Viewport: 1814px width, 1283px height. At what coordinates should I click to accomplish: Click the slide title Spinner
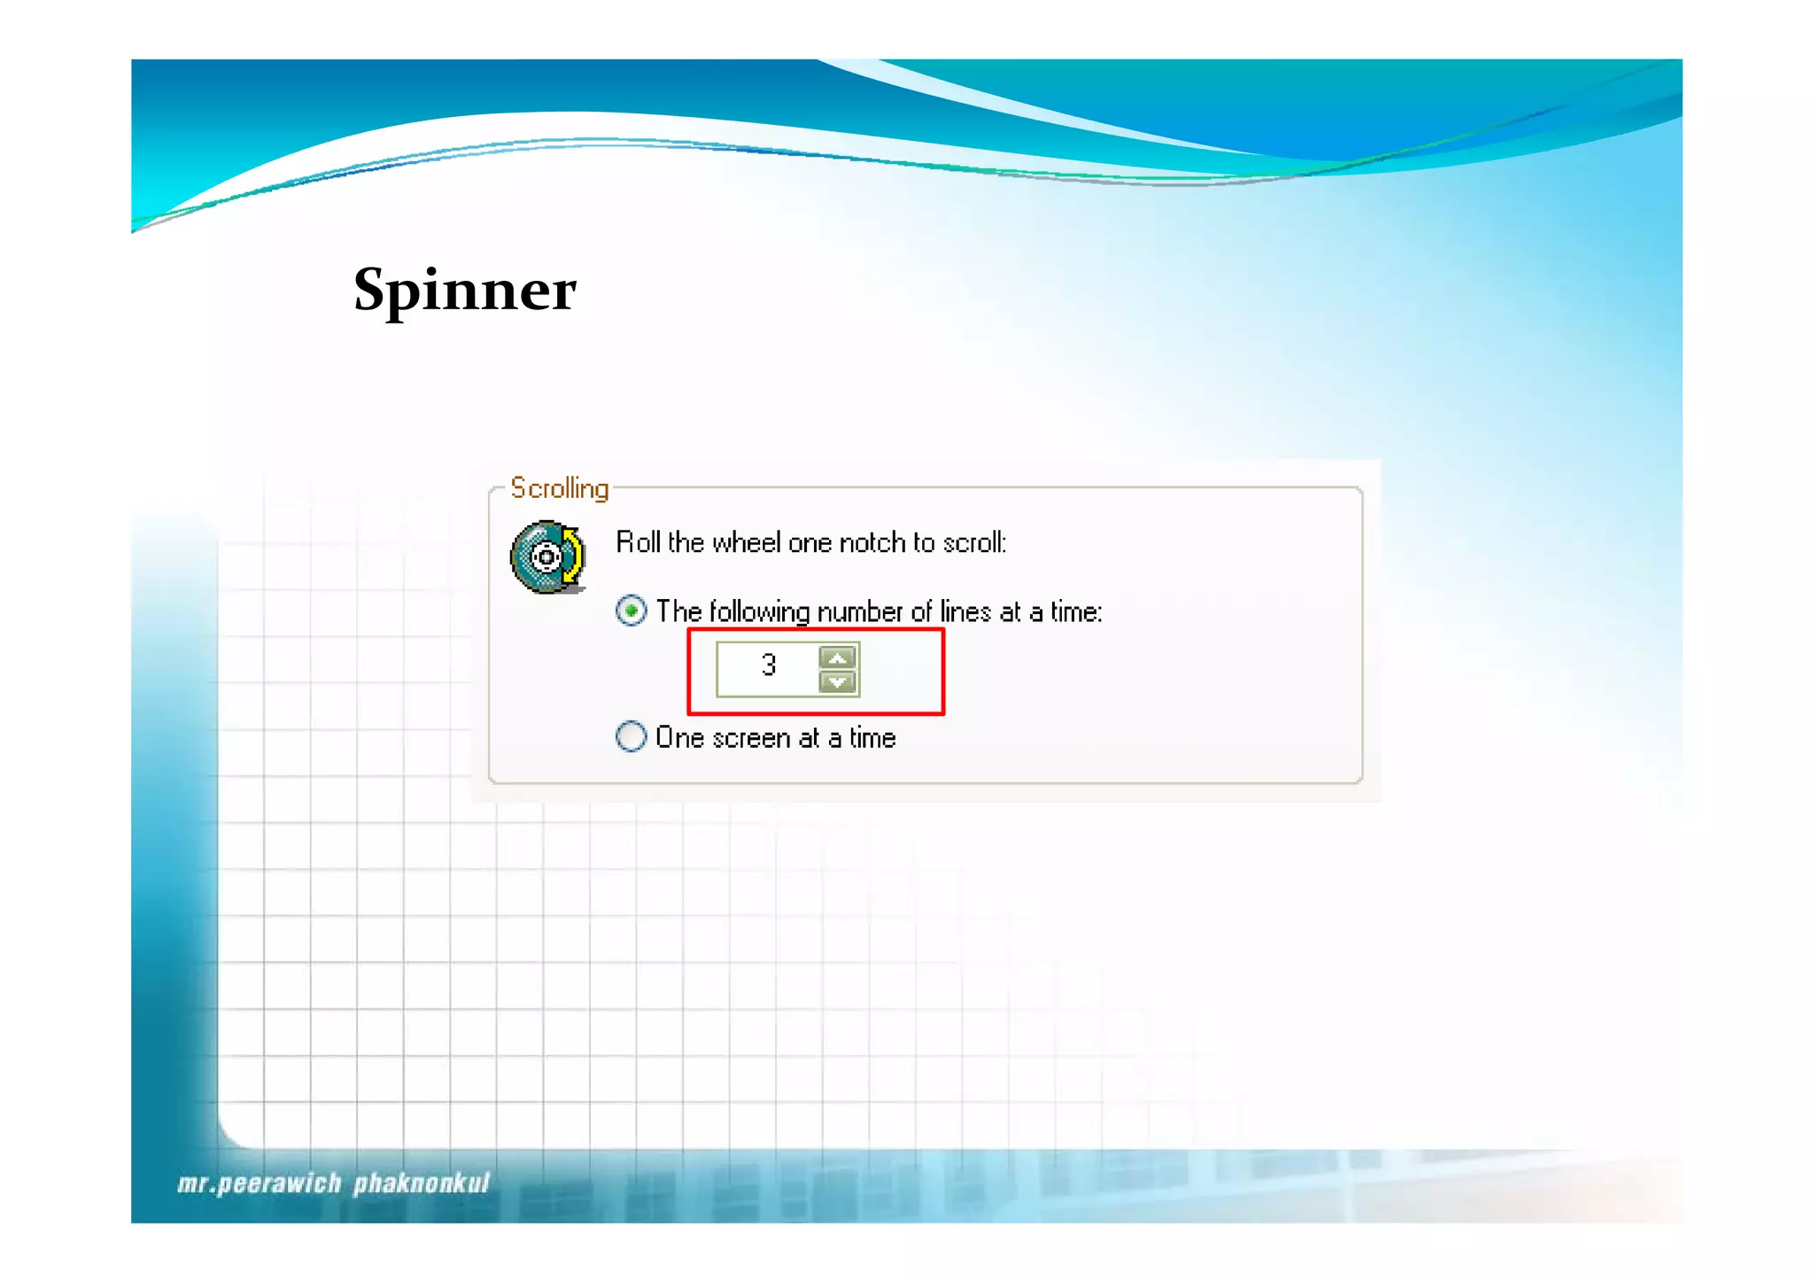coord(464,291)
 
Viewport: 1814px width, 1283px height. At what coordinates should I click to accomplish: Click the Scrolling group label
coord(559,488)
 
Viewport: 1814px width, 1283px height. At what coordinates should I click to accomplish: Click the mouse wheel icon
coord(547,557)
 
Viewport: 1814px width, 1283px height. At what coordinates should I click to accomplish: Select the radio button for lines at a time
coord(631,611)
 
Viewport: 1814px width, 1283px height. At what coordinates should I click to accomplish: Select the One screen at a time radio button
coord(631,737)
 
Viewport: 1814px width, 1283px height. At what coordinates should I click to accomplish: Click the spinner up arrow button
coord(837,657)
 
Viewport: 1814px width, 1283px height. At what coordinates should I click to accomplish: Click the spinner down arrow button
coord(837,682)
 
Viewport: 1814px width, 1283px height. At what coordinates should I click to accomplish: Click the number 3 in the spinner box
coord(768,665)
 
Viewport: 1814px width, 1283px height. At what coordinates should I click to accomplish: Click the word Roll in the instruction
coord(638,542)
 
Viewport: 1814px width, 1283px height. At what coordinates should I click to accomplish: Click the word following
coord(760,612)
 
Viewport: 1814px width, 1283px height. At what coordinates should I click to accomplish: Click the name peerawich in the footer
coord(279,1184)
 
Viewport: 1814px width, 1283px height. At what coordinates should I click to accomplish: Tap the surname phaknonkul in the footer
coord(422,1184)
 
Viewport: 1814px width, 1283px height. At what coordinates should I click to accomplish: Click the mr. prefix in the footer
coord(196,1184)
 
